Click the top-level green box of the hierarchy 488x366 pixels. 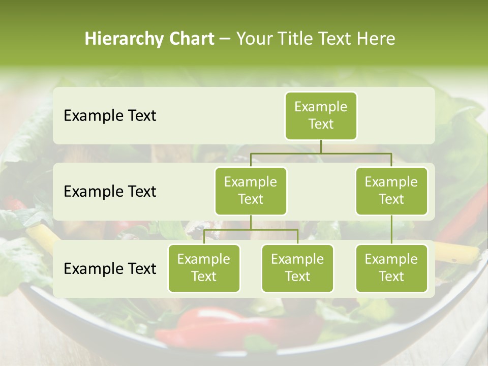[x=321, y=115]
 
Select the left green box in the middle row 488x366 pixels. [x=251, y=191]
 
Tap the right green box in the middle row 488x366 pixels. [x=391, y=191]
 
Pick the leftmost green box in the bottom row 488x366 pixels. [x=204, y=268]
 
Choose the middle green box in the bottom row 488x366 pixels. [x=297, y=268]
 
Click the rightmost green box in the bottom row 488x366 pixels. [x=391, y=268]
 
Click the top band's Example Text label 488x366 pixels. [x=110, y=116]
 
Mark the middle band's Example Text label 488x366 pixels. [x=110, y=192]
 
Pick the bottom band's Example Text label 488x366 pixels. [x=110, y=268]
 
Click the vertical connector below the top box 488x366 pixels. [x=321, y=146]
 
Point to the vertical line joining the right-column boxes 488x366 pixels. [x=391, y=230]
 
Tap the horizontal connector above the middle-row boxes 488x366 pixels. [x=321, y=153]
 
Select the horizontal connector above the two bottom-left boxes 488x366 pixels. [x=251, y=230]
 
